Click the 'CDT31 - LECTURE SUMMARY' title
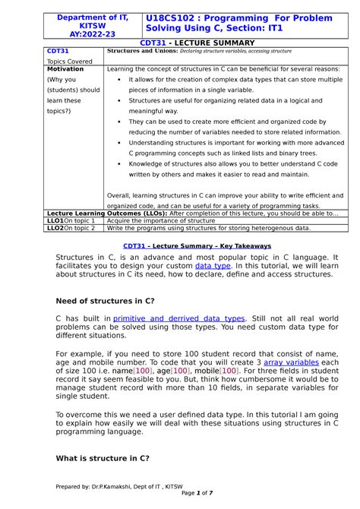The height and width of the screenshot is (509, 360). [x=179, y=45]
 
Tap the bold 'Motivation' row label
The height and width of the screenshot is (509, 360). [x=65, y=68]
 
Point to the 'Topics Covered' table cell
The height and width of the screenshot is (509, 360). [x=69, y=61]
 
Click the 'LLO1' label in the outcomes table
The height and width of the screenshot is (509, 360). [x=55, y=220]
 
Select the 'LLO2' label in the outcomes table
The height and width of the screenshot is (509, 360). [x=55, y=227]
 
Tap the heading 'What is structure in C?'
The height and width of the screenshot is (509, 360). [x=103, y=458]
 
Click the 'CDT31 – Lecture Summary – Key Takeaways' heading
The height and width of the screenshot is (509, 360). [x=186, y=246]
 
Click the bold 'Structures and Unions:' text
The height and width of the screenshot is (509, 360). [x=141, y=52]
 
